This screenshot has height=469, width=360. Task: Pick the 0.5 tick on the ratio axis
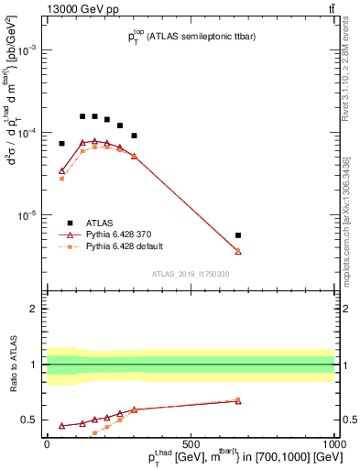click(x=32, y=420)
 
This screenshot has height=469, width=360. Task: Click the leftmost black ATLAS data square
click(x=62, y=144)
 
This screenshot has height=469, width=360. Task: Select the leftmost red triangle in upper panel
click(x=62, y=170)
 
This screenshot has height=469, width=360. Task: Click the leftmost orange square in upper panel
click(x=62, y=179)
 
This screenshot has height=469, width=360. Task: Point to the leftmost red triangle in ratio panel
click(x=62, y=426)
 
